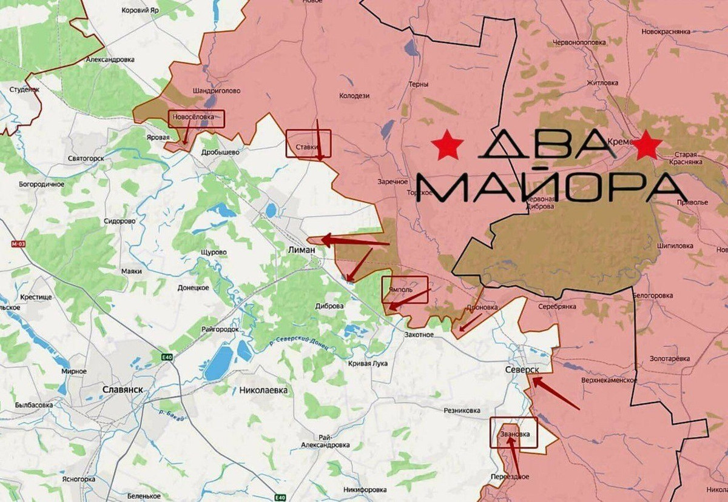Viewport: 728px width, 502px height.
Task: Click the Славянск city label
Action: point(122,390)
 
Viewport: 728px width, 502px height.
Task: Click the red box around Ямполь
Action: point(405,289)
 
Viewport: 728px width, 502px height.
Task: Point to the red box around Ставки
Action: point(308,144)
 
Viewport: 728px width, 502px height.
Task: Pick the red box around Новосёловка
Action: point(196,118)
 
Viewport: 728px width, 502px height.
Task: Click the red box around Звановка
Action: point(514,432)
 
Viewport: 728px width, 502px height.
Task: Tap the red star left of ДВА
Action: point(448,146)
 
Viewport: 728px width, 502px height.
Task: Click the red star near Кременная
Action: point(647,146)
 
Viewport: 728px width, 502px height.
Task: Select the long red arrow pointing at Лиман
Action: point(354,241)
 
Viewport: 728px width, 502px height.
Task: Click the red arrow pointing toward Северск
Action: point(555,393)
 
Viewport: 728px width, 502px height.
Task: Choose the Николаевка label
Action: point(263,390)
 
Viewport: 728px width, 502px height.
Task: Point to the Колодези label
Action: point(354,95)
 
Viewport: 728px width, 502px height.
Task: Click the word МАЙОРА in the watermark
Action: point(552,186)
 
